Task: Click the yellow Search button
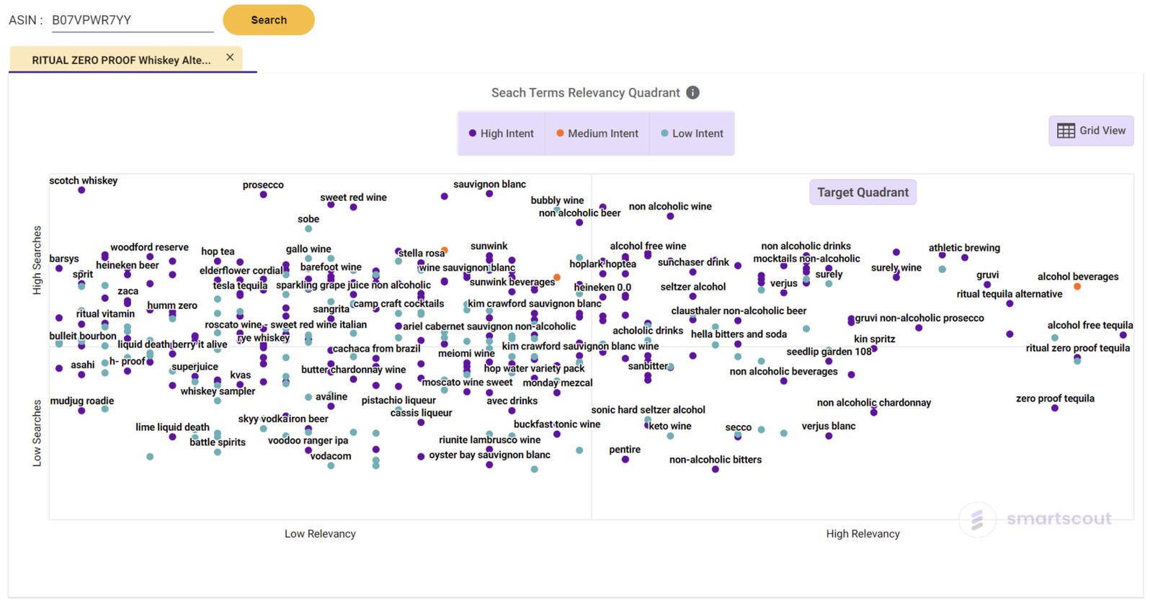pyautogui.click(x=268, y=20)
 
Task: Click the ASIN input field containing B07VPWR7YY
pyautogui.click(x=133, y=20)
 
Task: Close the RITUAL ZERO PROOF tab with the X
pyautogui.click(x=230, y=58)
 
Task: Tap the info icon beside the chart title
pyautogui.click(x=693, y=92)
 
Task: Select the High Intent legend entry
pyautogui.click(x=501, y=133)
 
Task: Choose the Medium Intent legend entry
pyautogui.click(x=597, y=133)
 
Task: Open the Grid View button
pyautogui.click(x=1091, y=130)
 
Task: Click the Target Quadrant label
pyautogui.click(x=863, y=192)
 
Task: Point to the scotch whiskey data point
pyautogui.click(x=81, y=190)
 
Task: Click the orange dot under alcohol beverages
pyautogui.click(x=1077, y=287)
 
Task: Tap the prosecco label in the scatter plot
pyautogui.click(x=263, y=185)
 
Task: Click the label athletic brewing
pyautogui.click(x=964, y=248)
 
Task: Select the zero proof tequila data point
pyautogui.click(x=1054, y=408)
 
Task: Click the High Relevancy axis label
pyautogui.click(x=863, y=534)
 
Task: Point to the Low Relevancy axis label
pyautogui.click(x=320, y=534)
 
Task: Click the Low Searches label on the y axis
pyautogui.click(x=37, y=433)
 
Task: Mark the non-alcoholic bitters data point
pyautogui.click(x=715, y=470)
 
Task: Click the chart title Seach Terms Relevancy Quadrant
pyautogui.click(x=585, y=93)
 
